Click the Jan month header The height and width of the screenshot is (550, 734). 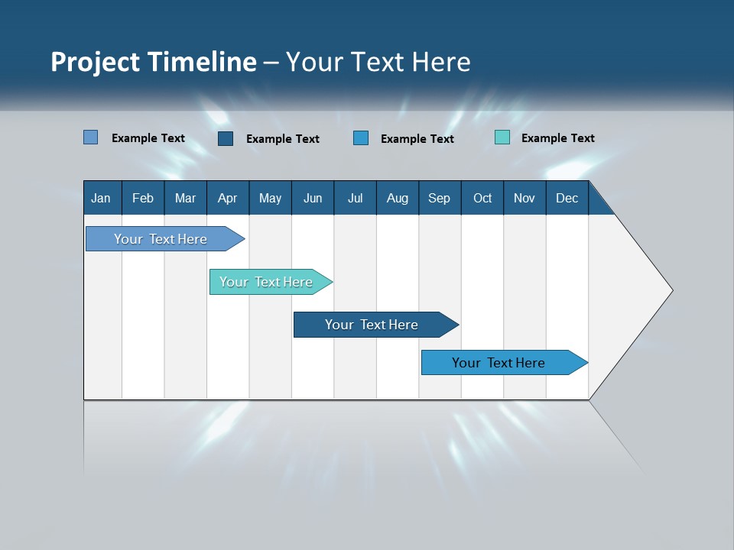coord(102,198)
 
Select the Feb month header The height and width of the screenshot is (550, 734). coord(143,198)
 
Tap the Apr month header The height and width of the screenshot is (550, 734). coord(228,198)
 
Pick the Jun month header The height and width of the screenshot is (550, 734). coord(313,198)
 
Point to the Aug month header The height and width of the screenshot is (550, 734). coord(398,198)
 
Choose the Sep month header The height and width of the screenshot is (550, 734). coord(440,198)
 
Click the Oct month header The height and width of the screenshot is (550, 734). coord(482,198)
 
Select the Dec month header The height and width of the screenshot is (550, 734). coord(567,198)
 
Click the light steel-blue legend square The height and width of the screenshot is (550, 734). coord(91,137)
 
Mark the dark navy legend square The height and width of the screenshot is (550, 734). coord(226,138)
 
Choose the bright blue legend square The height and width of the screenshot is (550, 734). coord(361,137)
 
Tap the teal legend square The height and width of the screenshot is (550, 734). coord(502,137)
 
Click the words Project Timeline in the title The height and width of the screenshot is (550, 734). coord(154,62)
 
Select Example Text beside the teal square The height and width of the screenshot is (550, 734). coord(557,138)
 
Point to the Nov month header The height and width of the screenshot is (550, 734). coord(525,198)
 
